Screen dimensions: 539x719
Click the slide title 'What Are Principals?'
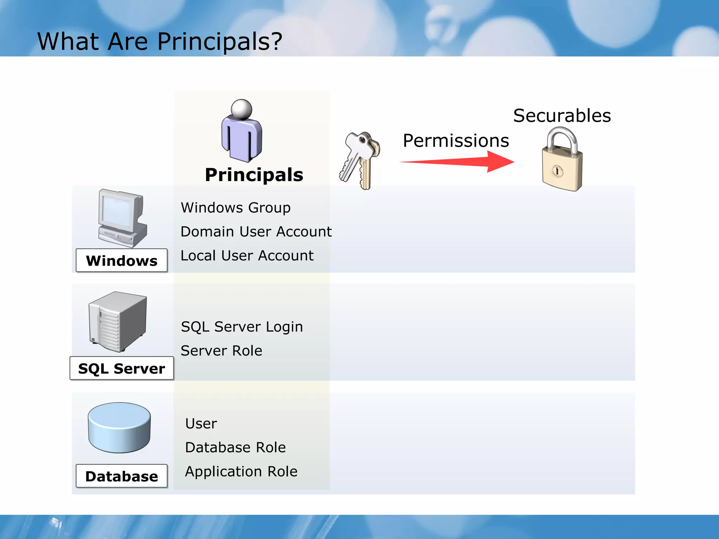click(x=160, y=41)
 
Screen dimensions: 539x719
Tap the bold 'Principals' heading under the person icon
click(x=254, y=175)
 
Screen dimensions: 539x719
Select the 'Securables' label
click(x=562, y=115)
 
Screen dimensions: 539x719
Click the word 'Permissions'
click(x=456, y=141)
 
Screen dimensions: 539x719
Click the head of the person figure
click(x=242, y=109)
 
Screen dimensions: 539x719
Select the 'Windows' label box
click(x=121, y=261)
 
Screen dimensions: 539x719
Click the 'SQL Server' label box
click(x=121, y=368)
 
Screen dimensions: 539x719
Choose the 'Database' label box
click(x=121, y=476)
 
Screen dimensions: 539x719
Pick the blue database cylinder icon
click(x=119, y=427)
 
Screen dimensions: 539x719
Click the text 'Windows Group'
click(x=236, y=208)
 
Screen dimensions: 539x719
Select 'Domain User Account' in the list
click(x=256, y=232)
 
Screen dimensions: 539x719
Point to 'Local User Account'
click(x=247, y=255)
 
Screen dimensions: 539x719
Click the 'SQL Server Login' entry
click(x=242, y=327)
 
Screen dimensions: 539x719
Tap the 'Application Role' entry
click(x=241, y=471)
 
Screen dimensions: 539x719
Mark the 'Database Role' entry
click(x=235, y=447)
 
